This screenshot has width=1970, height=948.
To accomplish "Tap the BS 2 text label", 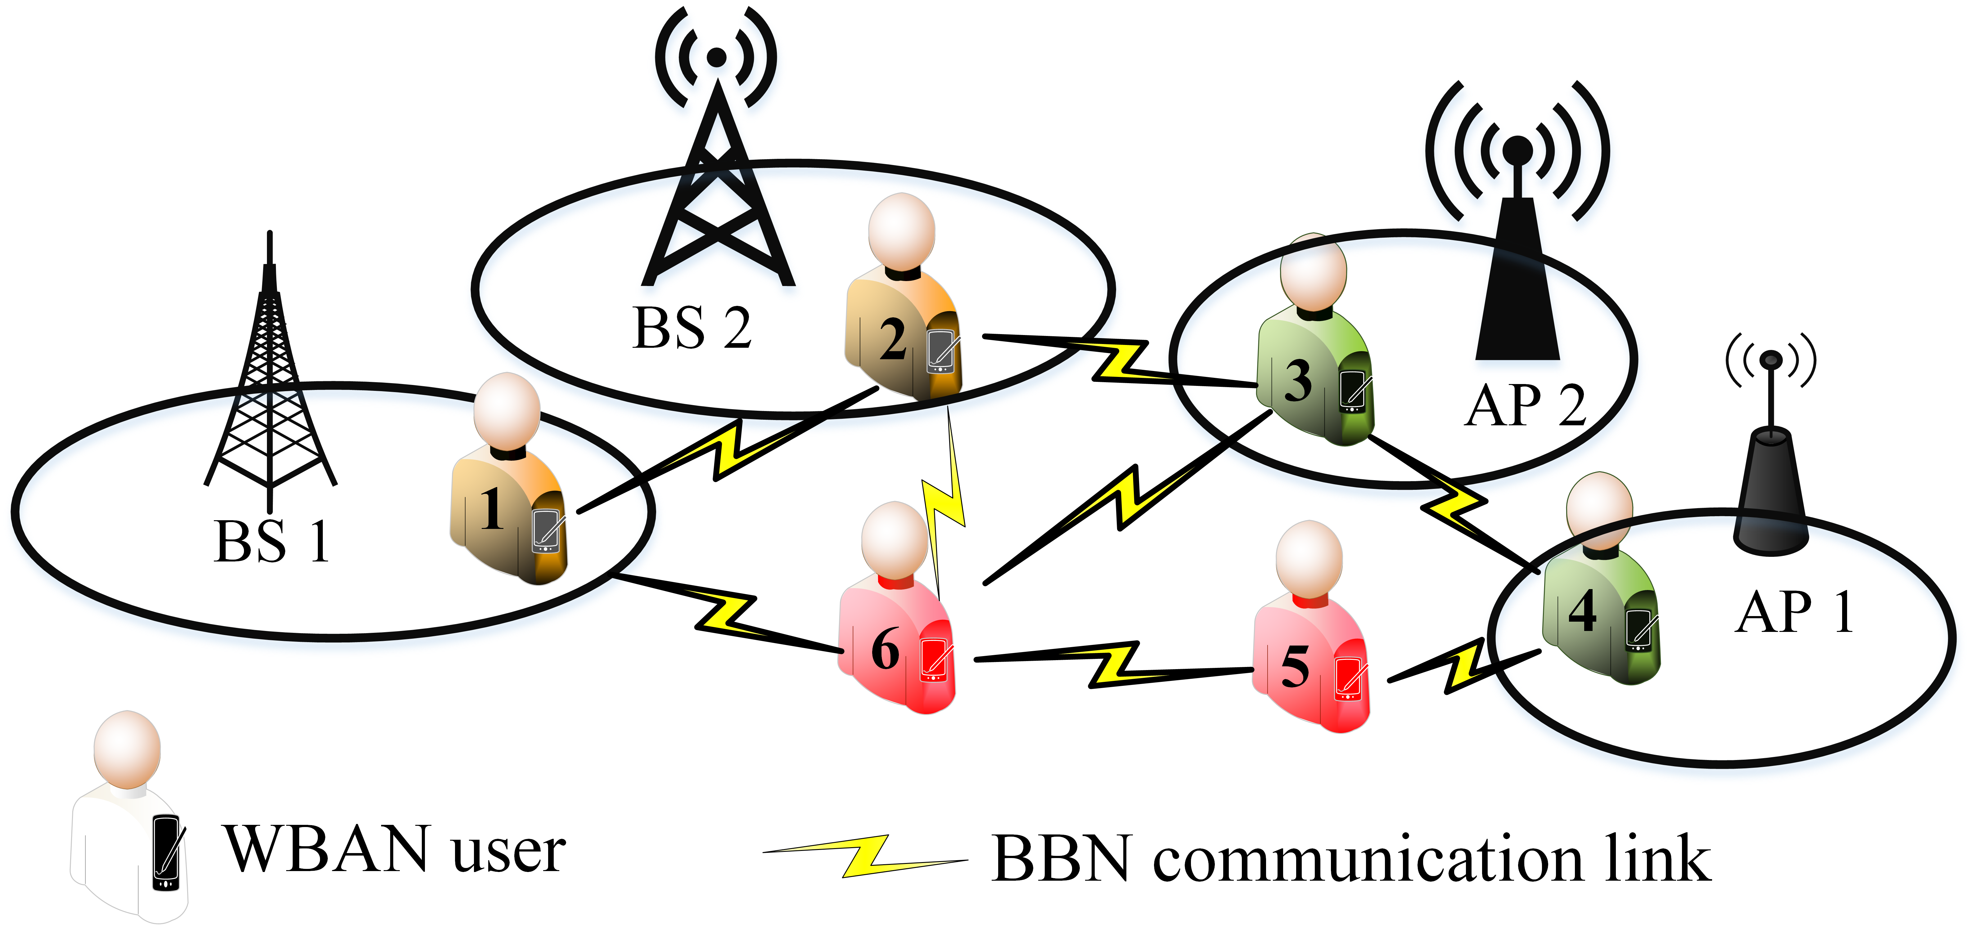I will [692, 329].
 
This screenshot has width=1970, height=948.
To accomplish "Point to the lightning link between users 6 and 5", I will [1113, 664].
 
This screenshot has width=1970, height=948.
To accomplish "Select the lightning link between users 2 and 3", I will [1120, 361].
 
